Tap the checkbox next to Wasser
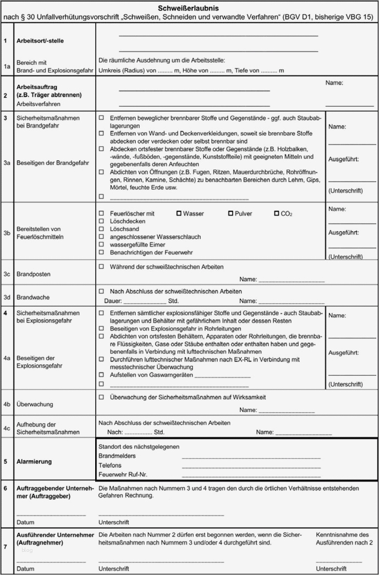point(179,213)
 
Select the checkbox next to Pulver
point(230,213)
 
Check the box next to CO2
point(276,213)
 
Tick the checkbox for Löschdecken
point(101,221)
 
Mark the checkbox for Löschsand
point(101,229)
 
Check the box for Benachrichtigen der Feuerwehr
point(101,252)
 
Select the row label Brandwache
point(32,297)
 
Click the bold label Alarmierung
point(34,462)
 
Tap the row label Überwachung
point(35,404)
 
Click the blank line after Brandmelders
point(251,457)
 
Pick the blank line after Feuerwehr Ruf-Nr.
point(251,475)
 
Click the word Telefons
point(110,466)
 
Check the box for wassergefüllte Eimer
point(101,244)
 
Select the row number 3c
point(7,273)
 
